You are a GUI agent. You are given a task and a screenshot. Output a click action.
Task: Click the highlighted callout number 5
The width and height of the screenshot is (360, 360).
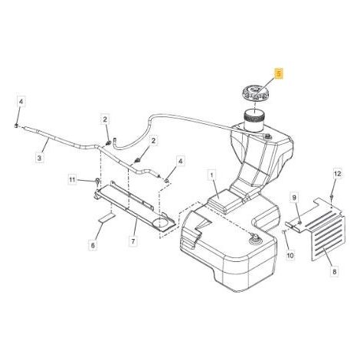tap(279, 74)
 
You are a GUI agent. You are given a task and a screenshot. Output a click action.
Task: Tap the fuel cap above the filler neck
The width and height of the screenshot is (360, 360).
tap(255, 95)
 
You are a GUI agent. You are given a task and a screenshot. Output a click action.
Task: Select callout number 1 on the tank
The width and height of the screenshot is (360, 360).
tap(211, 175)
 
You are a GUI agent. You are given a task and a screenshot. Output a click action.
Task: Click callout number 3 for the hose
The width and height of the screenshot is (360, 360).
tap(39, 158)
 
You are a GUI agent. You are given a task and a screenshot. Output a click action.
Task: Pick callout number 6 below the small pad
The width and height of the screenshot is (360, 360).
tap(93, 245)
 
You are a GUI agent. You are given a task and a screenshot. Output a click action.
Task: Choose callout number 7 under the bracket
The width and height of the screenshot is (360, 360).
tap(133, 241)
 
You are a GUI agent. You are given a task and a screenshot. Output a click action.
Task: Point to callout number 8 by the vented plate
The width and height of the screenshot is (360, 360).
tap(334, 271)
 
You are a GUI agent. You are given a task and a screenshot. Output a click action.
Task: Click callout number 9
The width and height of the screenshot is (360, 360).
tap(294, 198)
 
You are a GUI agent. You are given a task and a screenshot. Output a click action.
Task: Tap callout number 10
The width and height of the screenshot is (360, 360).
tap(290, 255)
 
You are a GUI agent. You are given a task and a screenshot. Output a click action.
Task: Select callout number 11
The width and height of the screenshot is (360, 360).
tap(73, 180)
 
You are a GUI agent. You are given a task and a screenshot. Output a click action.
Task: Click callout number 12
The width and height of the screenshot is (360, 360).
tap(338, 174)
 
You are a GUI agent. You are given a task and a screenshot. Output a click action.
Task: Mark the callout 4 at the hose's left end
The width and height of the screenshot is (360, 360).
tap(21, 102)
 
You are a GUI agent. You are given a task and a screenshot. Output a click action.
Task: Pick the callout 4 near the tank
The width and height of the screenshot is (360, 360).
tap(181, 161)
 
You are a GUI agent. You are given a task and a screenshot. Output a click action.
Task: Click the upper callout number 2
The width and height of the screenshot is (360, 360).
tap(105, 119)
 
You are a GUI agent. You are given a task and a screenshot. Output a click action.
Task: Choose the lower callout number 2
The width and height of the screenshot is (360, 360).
tap(153, 140)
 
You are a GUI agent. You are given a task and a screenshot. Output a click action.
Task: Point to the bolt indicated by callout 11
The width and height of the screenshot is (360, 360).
tap(97, 182)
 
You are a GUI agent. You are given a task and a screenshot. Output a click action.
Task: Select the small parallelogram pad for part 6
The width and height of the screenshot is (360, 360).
tap(106, 218)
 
